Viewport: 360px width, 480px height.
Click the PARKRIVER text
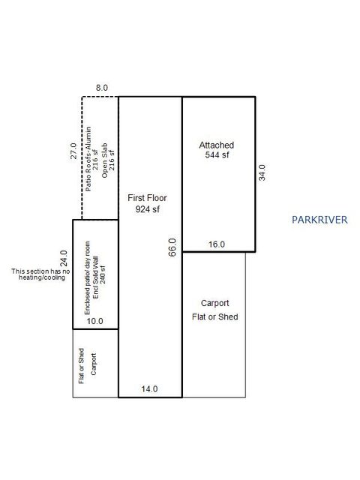coord(319,220)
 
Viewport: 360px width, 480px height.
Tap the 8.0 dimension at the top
coord(102,88)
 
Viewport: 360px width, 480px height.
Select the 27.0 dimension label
coord(73,154)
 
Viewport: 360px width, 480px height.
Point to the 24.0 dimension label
coord(64,259)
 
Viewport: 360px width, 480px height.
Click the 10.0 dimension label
coord(95,321)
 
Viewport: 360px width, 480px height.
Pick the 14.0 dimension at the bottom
coord(150,389)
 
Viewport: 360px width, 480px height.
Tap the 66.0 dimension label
coord(172,248)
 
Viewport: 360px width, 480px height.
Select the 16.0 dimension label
coord(216,244)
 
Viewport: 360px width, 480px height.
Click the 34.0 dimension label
coord(262,174)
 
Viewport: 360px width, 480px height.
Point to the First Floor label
coord(147,198)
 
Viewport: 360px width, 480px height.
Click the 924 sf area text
coord(148,209)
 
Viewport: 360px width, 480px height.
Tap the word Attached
coord(216,145)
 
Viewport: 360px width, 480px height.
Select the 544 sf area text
coord(216,155)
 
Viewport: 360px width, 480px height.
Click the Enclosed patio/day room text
coord(87,274)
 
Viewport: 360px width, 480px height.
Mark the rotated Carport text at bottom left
coord(94,364)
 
